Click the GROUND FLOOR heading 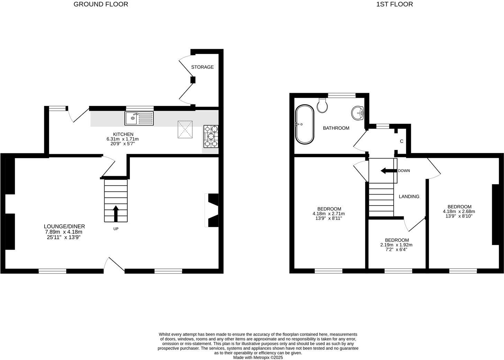pos(101,4)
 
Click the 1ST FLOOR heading pos(395,4)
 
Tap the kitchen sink pos(139,118)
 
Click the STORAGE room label pos(202,67)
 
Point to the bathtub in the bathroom pos(304,124)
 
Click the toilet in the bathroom pos(322,105)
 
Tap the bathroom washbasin pos(357,112)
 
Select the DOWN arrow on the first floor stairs pos(387,171)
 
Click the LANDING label pos(409,197)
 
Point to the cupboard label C pos(402,141)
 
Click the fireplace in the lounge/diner pos(212,210)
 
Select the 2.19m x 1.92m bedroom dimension pos(397,245)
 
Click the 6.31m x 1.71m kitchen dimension pos(123,139)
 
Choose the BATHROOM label pos(336,128)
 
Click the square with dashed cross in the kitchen pos(185,129)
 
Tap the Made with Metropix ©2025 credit pos(258,358)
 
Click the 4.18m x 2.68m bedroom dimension pos(459,211)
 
